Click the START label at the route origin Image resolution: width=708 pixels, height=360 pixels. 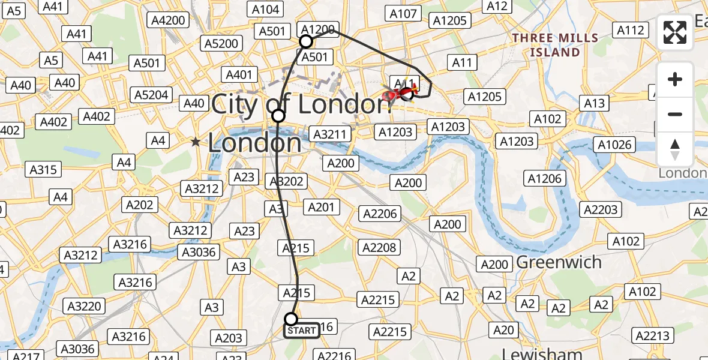(301, 331)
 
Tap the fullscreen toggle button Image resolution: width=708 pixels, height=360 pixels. (675, 32)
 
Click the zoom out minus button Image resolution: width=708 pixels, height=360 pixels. (675, 114)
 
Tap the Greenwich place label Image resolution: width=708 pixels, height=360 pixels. (559, 262)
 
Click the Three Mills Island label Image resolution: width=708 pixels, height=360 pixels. (555, 45)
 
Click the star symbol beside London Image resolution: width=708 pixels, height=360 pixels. (196, 142)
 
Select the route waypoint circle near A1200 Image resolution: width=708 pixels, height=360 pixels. (306, 41)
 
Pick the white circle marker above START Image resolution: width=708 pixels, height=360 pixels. (291, 319)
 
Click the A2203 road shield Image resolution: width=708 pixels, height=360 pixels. (601, 209)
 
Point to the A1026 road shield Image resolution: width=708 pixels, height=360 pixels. (614, 145)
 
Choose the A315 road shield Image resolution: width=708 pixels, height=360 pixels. (43, 170)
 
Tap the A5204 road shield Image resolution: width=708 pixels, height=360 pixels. (152, 95)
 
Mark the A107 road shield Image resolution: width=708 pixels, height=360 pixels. (403, 14)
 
